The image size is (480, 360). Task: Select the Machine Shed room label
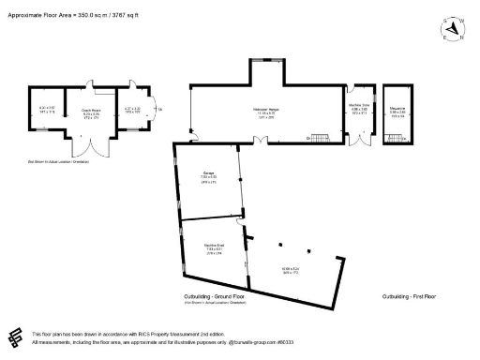pyautogui.click(x=213, y=247)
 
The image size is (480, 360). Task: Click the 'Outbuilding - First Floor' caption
pyautogui.click(x=410, y=296)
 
